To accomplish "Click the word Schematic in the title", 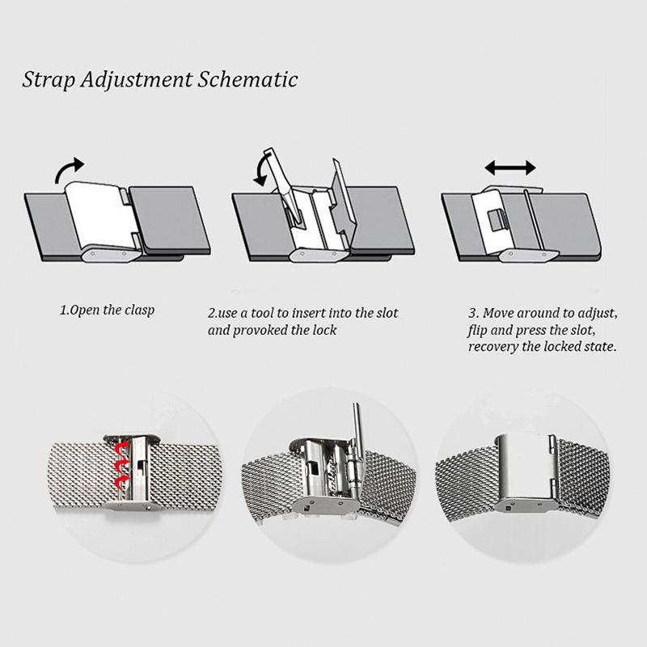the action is [247, 79].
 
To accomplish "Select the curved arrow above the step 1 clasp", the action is [69, 169].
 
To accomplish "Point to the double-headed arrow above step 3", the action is [510, 168].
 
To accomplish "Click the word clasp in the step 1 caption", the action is [139, 311].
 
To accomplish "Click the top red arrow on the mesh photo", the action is [121, 448].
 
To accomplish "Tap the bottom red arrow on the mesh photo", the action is [122, 482].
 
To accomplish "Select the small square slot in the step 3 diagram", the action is [497, 222].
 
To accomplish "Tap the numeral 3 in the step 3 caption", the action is [472, 313].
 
